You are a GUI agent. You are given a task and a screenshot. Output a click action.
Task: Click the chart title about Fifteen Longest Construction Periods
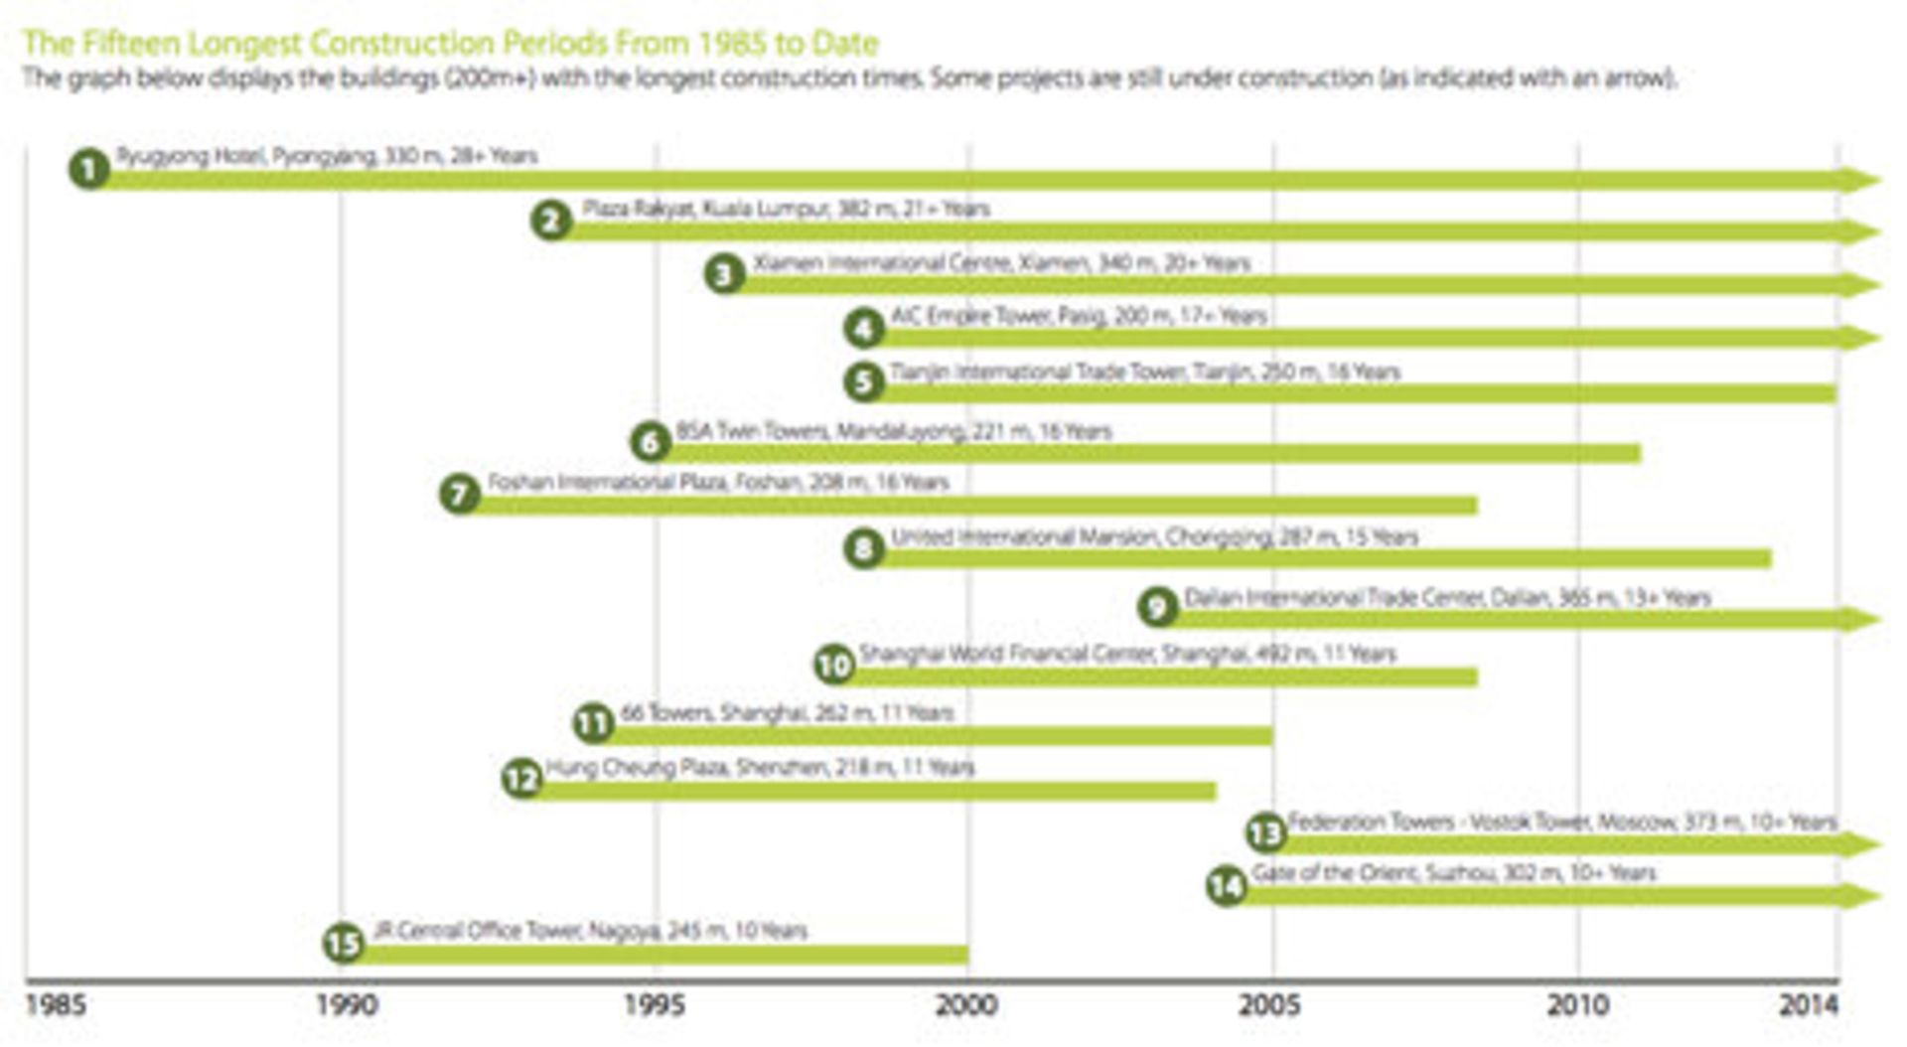(450, 44)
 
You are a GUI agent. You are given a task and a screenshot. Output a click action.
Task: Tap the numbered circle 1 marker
(89, 169)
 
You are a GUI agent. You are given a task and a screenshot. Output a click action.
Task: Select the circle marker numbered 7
(460, 494)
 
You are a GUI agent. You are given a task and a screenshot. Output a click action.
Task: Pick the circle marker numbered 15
(344, 943)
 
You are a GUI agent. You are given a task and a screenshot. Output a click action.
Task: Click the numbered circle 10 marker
(834, 665)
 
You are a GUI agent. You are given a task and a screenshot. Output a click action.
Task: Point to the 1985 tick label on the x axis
(55, 1005)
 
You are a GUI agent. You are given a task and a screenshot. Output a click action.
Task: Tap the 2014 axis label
(1809, 1005)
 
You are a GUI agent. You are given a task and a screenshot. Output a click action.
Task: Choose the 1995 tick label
(655, 1005)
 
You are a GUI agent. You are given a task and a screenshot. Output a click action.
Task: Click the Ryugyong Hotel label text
(327, 156)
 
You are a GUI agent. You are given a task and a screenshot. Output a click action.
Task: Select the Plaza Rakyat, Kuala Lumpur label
(786, 209)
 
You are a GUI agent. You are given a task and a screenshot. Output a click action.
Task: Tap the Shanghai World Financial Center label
(1127, 654)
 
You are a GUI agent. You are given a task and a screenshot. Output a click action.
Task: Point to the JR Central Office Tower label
(590, 931)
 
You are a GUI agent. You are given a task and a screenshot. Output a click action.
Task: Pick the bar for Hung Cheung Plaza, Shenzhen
(874, 792)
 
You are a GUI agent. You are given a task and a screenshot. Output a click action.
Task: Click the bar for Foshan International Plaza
(973, 506)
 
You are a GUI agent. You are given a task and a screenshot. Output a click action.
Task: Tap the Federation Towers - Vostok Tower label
(1561, 822)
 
